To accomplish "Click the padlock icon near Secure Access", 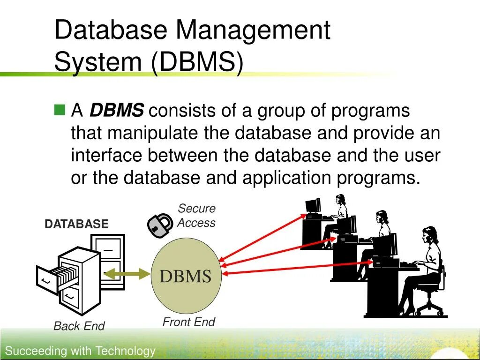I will (160, 225).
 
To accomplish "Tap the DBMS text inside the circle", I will (185, 276).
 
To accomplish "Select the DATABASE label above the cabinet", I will (76, 224).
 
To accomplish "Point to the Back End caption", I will (79, 326).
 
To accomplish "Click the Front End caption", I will (188, 322).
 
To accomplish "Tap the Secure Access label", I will (196, 216).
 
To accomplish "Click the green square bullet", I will (59, 111).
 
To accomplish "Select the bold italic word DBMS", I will (117, 111).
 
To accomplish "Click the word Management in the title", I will (253, 30).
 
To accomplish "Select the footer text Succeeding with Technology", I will (80, 351).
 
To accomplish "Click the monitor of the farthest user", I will (313, 206).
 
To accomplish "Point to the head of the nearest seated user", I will (429, 235).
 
